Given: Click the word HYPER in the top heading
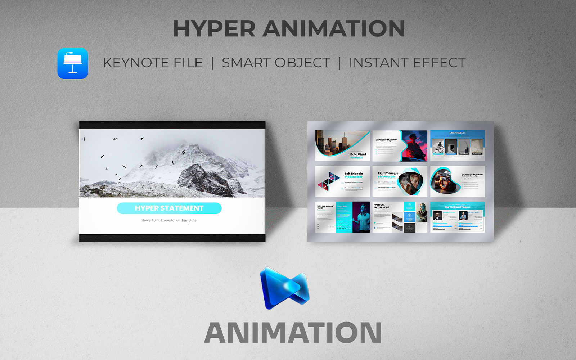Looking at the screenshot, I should (x=214, y=29).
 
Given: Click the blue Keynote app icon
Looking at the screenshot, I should (x=73, y=64).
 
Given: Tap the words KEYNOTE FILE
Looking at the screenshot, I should (x=153, y=63).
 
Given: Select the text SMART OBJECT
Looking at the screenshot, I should (x=276, y=63).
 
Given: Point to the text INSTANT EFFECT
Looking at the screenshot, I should (x=407, y=63).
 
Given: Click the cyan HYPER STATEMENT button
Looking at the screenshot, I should (x=169, y=208).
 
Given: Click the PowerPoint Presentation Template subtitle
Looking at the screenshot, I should (x=169, y=220).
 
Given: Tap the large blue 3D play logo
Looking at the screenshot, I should (x=284, y=288).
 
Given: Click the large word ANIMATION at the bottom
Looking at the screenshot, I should (x=293, y=333).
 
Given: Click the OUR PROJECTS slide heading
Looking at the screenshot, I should (x=457, y=133).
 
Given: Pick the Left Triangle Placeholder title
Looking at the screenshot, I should (x=354, y=175).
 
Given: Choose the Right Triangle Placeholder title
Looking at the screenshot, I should (x=388, y=175).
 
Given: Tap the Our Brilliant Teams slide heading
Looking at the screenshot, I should (x=457, y=207).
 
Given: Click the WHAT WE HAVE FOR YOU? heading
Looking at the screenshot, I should (x=382, y=206).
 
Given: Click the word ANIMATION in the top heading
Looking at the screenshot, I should (x=334, y=29).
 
